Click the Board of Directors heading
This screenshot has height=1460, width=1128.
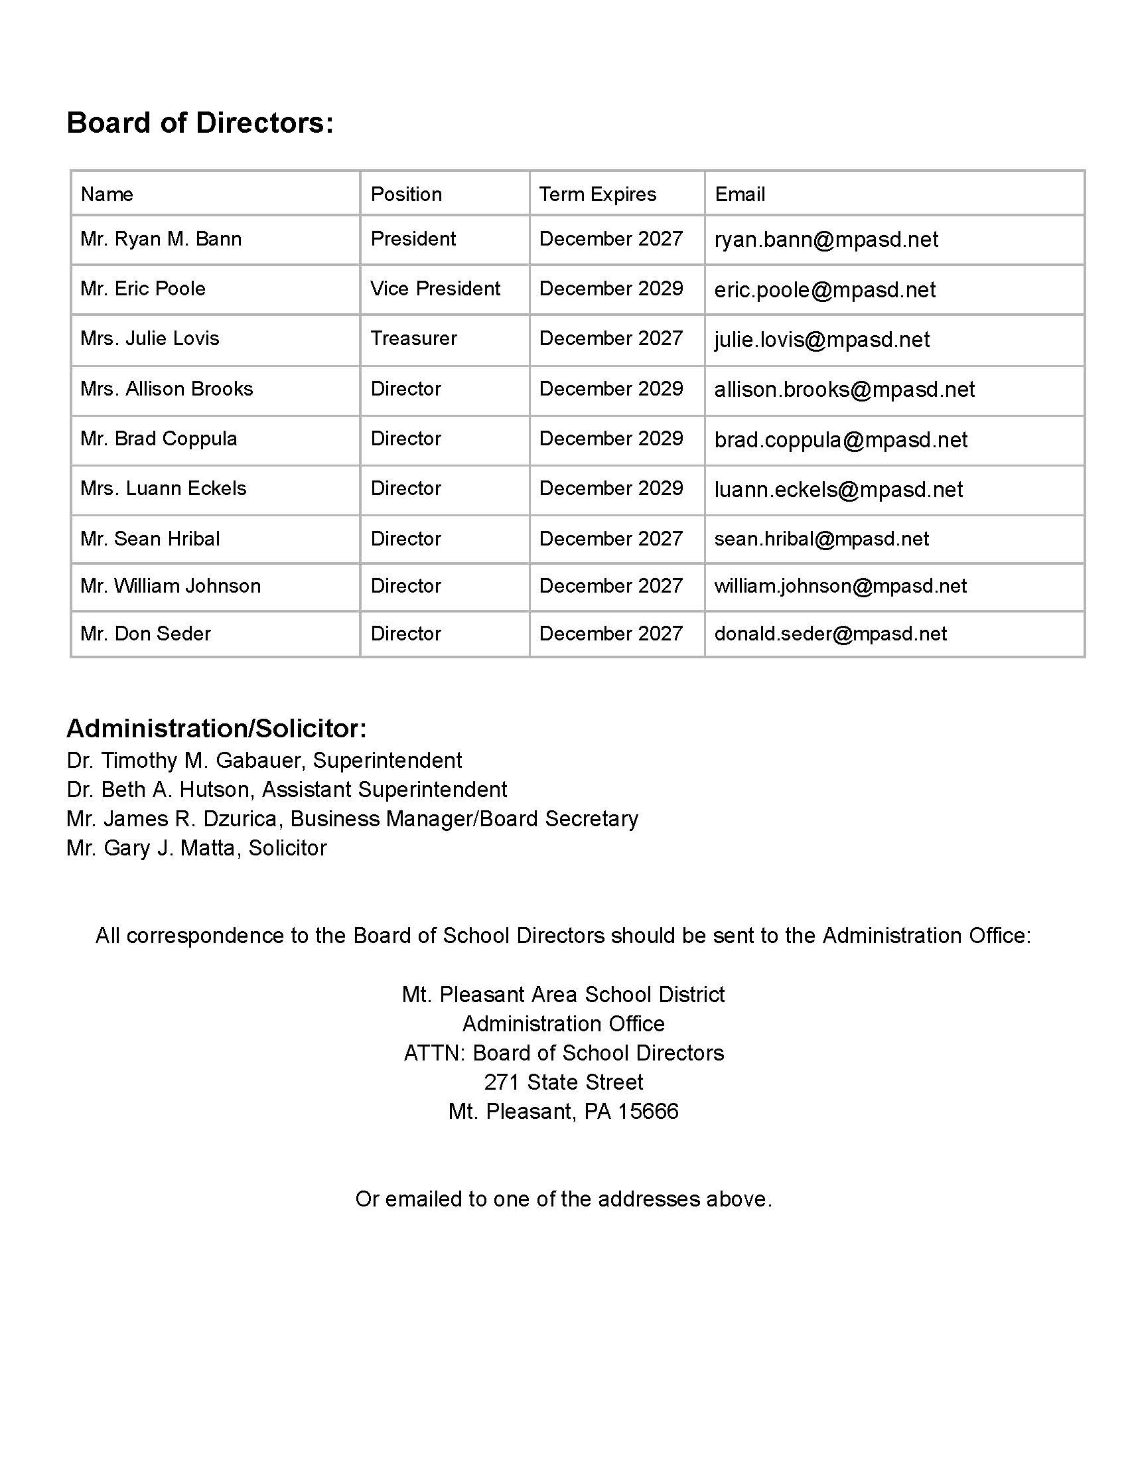200,123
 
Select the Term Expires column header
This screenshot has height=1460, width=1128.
597,194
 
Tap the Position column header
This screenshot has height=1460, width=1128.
405,194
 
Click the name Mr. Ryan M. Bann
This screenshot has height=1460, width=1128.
161,239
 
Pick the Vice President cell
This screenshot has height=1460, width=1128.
435,289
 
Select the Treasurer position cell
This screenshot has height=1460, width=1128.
413,338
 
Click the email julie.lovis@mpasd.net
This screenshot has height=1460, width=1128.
821,340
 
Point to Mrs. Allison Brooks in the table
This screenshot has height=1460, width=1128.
167,389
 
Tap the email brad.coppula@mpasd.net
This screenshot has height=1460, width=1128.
840,440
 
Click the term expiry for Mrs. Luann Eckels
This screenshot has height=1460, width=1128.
610,488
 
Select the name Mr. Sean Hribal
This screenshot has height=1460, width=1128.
150,539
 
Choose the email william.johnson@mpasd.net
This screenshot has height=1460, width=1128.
840,586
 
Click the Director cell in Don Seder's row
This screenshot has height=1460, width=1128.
405,634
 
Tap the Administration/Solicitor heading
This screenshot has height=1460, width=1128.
216,729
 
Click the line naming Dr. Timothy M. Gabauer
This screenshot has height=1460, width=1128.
264,761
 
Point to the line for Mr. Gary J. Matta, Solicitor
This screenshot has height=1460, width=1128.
196,848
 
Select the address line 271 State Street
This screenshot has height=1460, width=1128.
563,1082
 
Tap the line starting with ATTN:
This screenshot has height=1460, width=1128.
563,1054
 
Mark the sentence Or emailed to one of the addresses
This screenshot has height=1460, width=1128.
563,1199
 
